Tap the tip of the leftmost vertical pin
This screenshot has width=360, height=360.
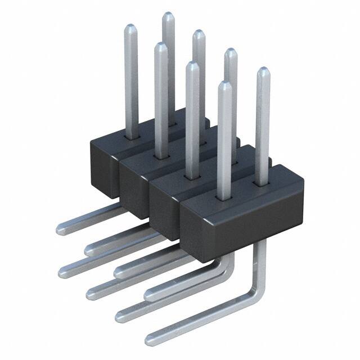click(130, 26)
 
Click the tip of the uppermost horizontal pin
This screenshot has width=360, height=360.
click(60, 228)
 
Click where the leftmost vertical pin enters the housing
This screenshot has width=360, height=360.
click(132, 137)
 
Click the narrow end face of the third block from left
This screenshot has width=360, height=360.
click(166, 200)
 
